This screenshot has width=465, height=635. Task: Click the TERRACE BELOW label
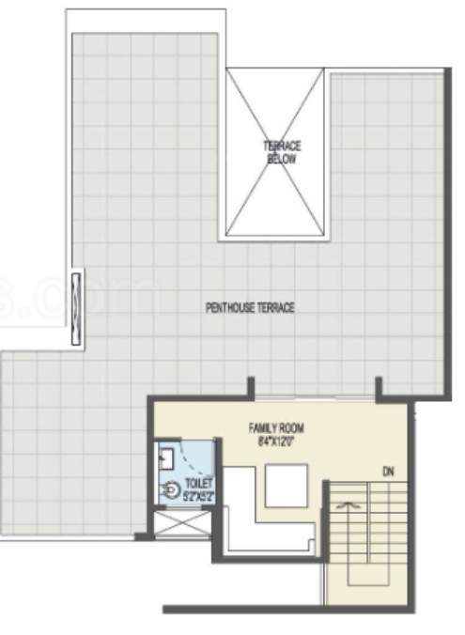[281, 152]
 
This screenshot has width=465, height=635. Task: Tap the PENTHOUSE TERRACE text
[250, 307]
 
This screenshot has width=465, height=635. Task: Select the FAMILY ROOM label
[275, 426]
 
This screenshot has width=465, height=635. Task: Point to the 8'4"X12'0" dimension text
[275, 439]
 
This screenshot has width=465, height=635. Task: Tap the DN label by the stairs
[387, 470]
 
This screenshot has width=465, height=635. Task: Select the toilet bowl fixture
[173, 489]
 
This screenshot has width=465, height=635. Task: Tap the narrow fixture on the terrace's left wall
[77, 298]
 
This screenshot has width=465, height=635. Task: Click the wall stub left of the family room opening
[251, 388]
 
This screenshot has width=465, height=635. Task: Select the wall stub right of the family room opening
[380, 388]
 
